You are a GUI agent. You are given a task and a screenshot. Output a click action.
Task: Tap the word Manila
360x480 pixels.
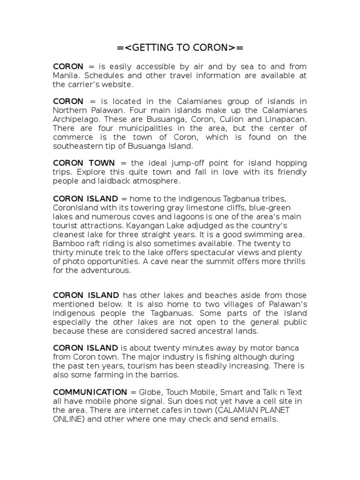pyautogui.click(x=66, y=76)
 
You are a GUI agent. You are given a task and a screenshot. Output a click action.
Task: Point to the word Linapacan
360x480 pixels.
pyautogui.click(x=288, y=119)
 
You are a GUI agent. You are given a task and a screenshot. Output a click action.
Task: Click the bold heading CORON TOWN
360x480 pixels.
pyautogui.click(x=83, y=163)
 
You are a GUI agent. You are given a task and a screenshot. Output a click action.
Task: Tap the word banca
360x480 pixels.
pyautogui.click(x=294, y=348)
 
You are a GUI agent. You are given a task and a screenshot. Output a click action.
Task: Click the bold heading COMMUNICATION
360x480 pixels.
pyautogui.click(x=90, y=392)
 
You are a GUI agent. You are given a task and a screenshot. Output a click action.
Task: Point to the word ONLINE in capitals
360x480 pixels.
pyautogui.click(x=68, y=419)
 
